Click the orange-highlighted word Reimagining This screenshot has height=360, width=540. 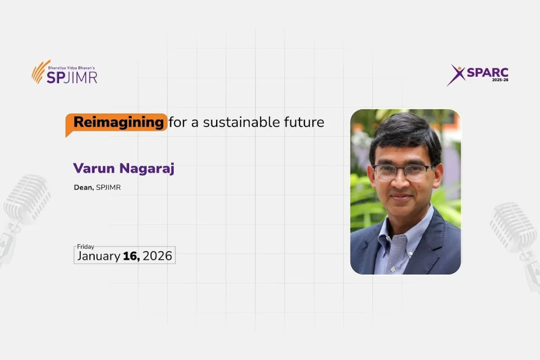point(119,122)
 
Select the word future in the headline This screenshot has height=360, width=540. point(304,122)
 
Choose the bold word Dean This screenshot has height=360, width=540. point(84,187)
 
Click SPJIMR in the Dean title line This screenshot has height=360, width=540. point(108,187)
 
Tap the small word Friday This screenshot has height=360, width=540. point(85,247)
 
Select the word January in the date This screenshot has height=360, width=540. point(98,256)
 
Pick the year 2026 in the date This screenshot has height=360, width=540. point(157,256)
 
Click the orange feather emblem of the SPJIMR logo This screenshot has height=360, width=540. point(40,72)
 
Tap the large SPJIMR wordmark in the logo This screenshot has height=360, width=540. point(72,77)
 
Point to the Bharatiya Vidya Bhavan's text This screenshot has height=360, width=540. point(72,68)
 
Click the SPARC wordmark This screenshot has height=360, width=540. point(487,72)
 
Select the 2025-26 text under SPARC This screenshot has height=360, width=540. point(500,80)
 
